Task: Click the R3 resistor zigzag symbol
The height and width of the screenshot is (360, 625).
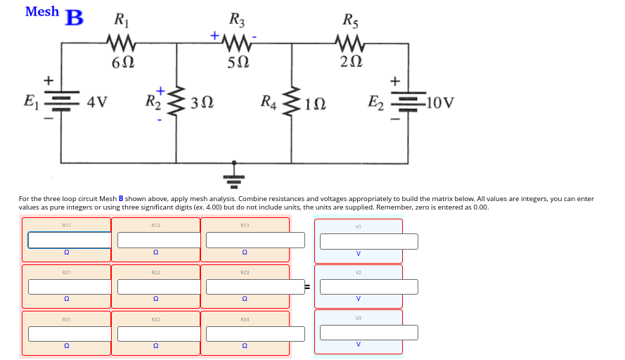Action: click(237, 44)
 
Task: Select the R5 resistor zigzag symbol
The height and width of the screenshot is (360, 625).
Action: click(349, 44)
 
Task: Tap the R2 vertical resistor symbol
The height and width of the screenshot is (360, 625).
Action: click(176, 104)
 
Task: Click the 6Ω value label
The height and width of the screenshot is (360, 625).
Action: click(122, 63)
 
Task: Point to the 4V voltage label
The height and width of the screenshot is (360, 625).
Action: click(97, 103)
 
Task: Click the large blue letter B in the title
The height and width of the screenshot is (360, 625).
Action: click(74, 18)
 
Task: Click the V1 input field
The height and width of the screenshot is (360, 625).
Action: click(368, 241)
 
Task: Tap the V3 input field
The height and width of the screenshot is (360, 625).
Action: click(368, 332)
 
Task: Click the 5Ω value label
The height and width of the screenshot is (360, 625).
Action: click(237, 63)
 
